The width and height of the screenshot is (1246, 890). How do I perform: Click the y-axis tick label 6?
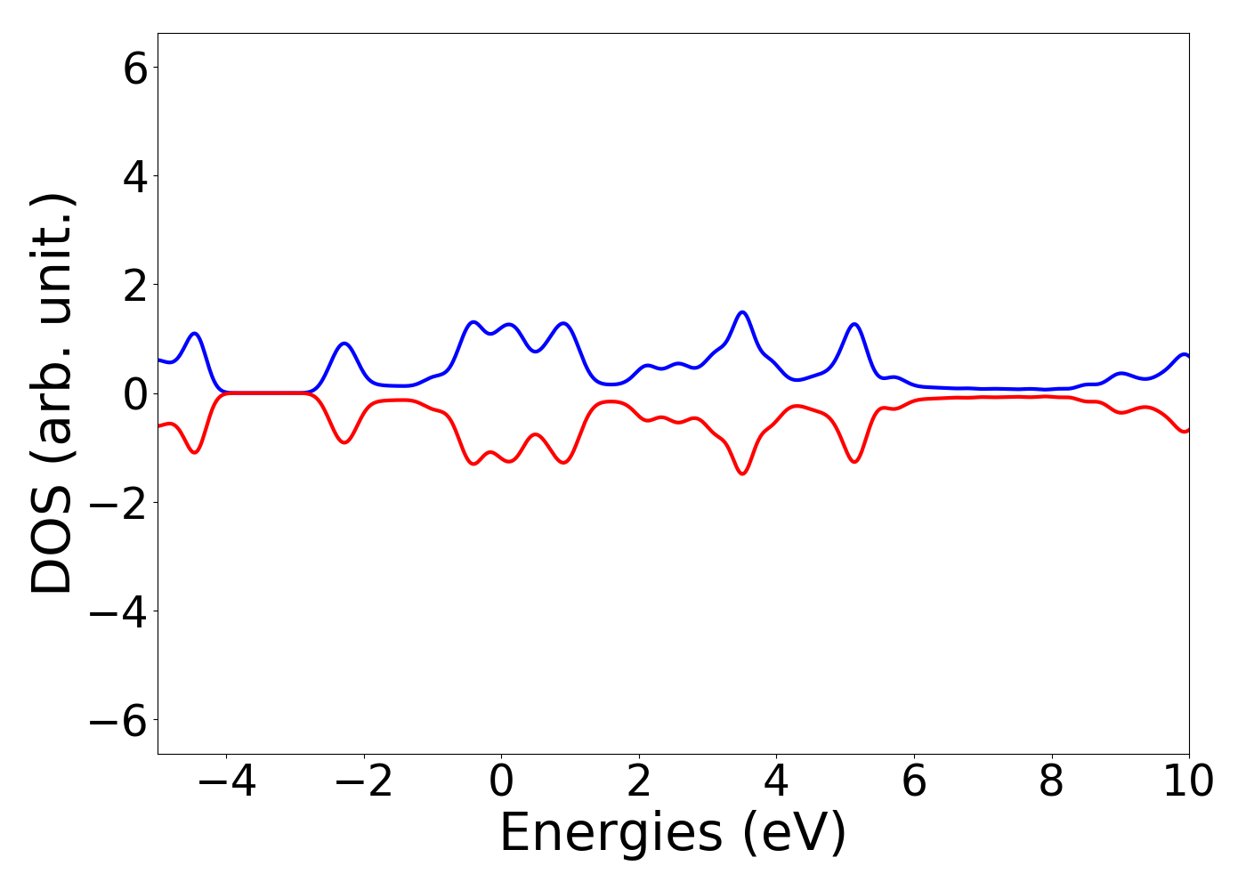coord(135,69)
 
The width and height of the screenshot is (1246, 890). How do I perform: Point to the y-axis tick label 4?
coord(135,177)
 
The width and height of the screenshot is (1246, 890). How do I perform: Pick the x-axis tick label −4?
coord(226,782)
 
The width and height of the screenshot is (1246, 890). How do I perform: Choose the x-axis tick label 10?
coord(1188,782)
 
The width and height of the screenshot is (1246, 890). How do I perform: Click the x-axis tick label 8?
coord(1051,782)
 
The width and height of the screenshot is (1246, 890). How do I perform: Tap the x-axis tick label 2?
coord(639,782)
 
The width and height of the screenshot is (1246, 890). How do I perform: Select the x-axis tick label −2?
coord(364,782)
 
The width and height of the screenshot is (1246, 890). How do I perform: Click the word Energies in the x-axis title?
coord(611,834)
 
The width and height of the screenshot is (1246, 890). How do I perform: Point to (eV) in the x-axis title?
coord(794,834)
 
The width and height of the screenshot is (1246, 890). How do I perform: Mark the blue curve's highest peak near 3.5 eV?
coord(742,312)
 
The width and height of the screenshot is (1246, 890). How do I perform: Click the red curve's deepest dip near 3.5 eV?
coord(742,473)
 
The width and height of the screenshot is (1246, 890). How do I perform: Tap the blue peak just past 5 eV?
coord(854,324)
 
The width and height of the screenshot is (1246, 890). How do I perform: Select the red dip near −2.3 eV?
coord(345,441)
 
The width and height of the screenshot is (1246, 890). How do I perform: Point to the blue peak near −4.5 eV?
coord(195,334)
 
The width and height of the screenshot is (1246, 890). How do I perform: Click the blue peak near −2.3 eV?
coord(345,344)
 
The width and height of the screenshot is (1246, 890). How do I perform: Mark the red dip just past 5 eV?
coord(854,461)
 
